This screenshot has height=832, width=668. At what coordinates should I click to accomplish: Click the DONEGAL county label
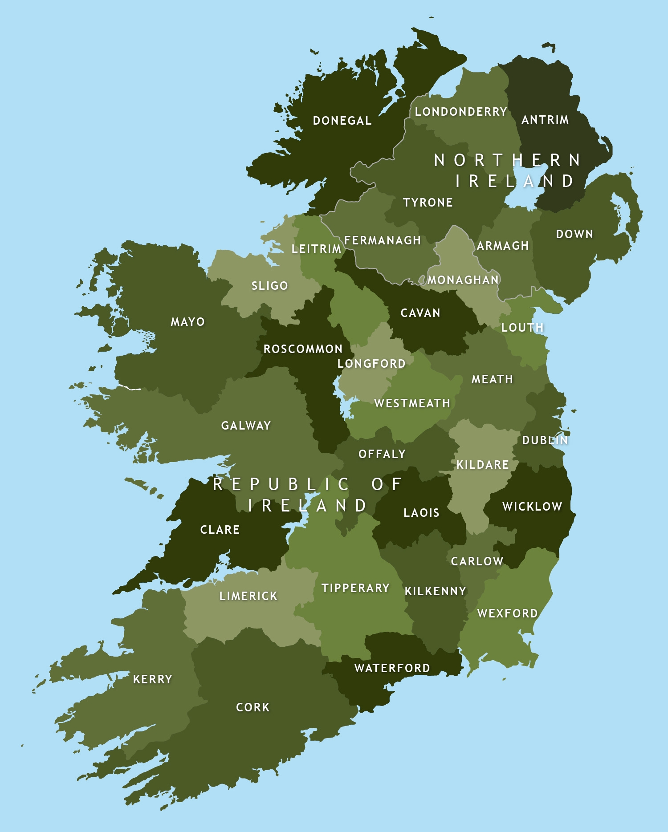(x=342, y=121)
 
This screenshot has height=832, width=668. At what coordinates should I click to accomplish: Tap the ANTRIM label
(x=545, y=120)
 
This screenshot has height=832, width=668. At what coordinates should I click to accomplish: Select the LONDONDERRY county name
(x=461, y=112)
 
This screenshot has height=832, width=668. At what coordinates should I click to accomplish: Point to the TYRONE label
(x=428, y=203)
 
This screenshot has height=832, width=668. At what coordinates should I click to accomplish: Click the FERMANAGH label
(x=383, y=240)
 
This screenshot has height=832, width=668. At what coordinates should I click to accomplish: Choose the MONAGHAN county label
(x=463, y=280)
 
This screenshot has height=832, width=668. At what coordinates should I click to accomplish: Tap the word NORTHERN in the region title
(x=507, y=160)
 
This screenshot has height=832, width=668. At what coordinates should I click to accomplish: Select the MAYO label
(x=187, y=322)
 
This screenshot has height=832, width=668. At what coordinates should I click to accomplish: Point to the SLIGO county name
(x=270, y=286)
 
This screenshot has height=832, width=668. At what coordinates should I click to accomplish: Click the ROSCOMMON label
(x=303, y=349)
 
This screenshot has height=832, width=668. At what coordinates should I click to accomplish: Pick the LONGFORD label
(x=371, y=364)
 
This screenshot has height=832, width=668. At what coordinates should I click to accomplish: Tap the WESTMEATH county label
(x=412, y=403)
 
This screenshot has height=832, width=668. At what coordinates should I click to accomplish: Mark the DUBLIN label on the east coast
(x=545, y=440)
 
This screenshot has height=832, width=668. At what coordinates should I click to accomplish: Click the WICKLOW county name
(x=532, y=507)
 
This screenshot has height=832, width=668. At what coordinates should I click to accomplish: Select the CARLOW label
(x=477, y=561)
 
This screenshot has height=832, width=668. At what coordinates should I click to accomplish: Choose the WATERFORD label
(x=392, y=668)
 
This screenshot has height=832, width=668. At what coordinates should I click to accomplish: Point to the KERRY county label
(x=152, y=679)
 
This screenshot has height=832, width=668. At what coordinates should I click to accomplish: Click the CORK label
(x=253, y=707)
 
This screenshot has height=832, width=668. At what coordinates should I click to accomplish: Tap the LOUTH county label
(x=522, y=328)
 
